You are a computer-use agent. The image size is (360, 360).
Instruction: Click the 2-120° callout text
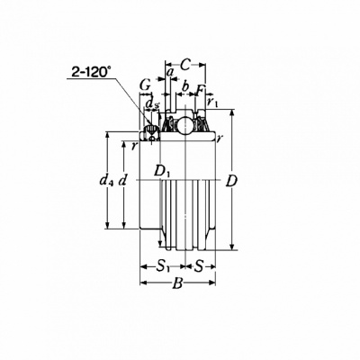[90, 72]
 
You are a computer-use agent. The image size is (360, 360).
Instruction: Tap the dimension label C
[186, 65]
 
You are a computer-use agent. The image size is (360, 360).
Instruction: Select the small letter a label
[170, 72]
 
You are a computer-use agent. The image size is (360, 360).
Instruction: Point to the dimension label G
[146, 86]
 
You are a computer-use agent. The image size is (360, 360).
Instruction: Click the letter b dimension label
[185, 86]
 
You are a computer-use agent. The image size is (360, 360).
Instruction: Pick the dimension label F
[201, 90]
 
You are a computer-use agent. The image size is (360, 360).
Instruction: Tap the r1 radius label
[212, 103]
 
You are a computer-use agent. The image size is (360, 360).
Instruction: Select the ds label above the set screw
[152, 103]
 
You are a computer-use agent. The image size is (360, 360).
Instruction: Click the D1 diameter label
[163, 171]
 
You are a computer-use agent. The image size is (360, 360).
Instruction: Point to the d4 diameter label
[106, 181]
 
